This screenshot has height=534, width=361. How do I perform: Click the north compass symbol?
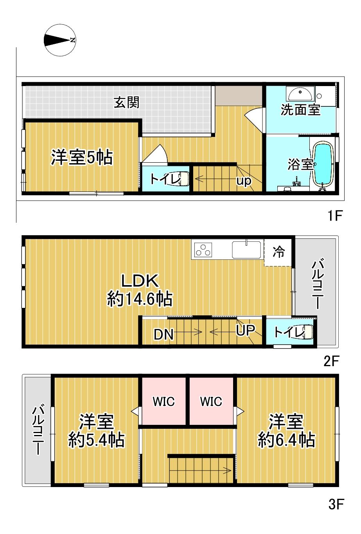point(60,40)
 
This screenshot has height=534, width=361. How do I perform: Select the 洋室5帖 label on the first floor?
point(82,157)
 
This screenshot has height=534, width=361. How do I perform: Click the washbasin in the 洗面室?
point(300,94)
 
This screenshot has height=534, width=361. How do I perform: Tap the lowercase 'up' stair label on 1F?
point(244,181)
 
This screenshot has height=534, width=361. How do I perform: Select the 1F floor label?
point(335,216)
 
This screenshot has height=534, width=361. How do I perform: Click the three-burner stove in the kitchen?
point(203,250)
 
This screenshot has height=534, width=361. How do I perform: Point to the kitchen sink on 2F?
point(246,250)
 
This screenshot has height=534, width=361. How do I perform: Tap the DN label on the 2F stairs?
point(163,334)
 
